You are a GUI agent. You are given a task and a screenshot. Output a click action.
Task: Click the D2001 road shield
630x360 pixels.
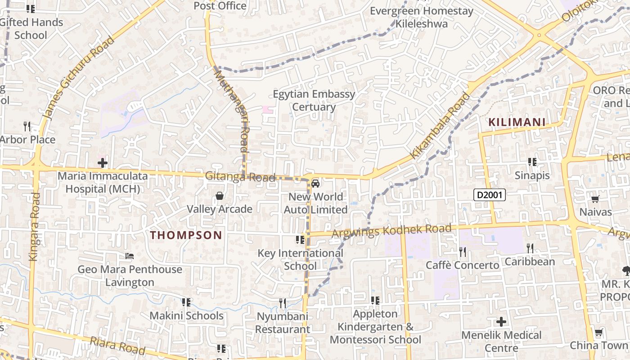(490, 195)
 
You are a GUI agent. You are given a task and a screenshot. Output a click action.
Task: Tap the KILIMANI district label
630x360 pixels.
(517, 122)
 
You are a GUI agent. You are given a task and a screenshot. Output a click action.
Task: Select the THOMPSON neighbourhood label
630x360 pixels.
(186, 235)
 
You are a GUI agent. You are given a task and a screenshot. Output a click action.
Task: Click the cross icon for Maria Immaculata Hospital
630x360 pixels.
(103, 162)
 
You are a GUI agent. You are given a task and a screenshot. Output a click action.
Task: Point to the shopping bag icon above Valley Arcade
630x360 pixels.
(220, 196)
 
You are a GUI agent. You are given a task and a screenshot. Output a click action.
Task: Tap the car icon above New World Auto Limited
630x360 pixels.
(315, 183)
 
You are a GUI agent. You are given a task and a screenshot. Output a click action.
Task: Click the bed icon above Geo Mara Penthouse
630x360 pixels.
(130, 256)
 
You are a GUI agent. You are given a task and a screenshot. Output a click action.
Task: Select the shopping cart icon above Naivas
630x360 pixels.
(595, 198)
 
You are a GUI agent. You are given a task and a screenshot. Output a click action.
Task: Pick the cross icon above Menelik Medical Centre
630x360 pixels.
(501, 322)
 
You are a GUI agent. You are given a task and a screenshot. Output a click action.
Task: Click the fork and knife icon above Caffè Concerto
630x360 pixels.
(462, 252)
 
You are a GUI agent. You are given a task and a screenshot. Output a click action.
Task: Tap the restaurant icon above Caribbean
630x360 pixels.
(530, 248)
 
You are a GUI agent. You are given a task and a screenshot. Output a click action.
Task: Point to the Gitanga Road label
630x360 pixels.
(240, 177)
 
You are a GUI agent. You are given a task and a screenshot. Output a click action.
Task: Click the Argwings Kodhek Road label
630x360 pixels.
(391, 231)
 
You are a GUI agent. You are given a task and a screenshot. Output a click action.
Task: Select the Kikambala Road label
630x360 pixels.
(441, 126)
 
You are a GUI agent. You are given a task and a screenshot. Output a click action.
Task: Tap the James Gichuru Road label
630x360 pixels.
(79, 79)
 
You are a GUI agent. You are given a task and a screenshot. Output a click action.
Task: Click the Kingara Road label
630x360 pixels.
(34, 227)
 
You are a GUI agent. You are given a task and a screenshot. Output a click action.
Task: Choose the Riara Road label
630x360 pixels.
(117, 346)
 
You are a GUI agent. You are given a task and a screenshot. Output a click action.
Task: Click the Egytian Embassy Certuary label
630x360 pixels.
(314, 100)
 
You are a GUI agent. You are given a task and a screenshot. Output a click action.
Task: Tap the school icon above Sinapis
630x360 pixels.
(532, 162)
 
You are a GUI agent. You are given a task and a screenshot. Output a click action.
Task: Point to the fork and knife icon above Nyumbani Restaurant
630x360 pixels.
(282, 303)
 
